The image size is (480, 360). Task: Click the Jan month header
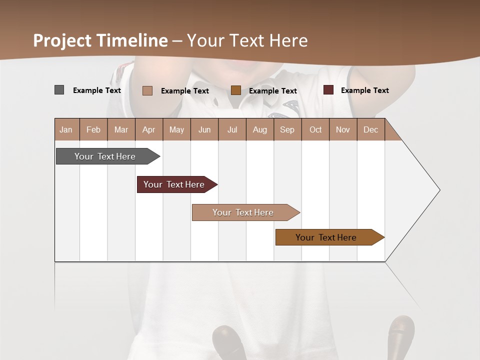pyautogui.click(x=66, y=130)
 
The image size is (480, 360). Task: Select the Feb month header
pyautogui.click(x=93, y=130)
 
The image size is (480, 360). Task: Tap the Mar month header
pyautogui.click(x=121, y=130)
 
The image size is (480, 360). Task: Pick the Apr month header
pyautogui.click(x=148, y=130)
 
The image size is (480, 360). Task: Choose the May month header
pyautogui.click(x=176, y=130)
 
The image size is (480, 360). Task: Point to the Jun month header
pyautogui.click(x=204, y=130)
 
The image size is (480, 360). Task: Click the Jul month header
pyautogui.click(x=232, y=130)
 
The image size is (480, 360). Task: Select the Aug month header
pyautogui.click(x=259, y=130)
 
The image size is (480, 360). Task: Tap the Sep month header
pyautogui.click(x=287, y=130)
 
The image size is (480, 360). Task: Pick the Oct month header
pyautogui.click(x=315, y=130)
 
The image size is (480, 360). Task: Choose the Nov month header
pyautogui.click(x=343, y=130)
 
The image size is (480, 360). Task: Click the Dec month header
pyautogui.click(x=370, y=130)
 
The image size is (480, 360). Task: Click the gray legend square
pyautogui.click(x=59, y=90)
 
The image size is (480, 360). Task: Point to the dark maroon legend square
pyautogui.click(x=328, y=90)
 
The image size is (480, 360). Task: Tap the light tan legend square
pyautogui.click(x=147, y=90)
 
